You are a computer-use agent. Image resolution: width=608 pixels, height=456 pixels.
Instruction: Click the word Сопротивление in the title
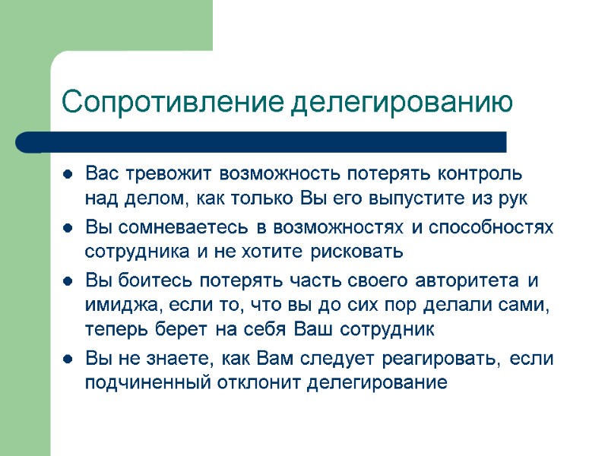coord(174,101)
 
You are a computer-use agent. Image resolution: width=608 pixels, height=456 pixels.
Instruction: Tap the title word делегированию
coord(404,101)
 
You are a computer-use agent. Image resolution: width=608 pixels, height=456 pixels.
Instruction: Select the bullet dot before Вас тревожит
coord(68,173)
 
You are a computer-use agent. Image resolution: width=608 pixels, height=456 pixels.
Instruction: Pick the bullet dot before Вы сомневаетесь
coord(68,227)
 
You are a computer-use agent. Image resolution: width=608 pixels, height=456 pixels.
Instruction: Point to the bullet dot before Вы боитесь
coord(68,280)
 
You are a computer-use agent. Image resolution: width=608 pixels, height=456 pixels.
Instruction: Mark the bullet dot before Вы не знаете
coord(68,359)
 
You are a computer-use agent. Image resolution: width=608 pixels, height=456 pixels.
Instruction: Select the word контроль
coord(480,173)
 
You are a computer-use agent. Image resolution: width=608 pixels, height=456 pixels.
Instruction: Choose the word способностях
coord(493,226)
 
